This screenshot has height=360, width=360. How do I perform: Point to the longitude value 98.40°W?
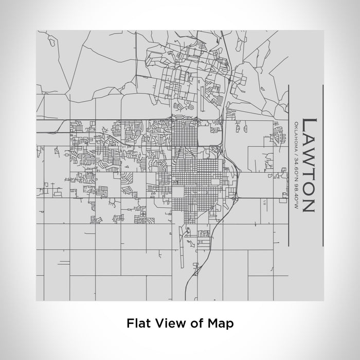pos(297,198)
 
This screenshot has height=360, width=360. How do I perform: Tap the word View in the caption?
pos(168,323)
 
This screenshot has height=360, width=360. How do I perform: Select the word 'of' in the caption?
pos(193,323)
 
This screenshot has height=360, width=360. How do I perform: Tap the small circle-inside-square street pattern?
pos(143,212)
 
